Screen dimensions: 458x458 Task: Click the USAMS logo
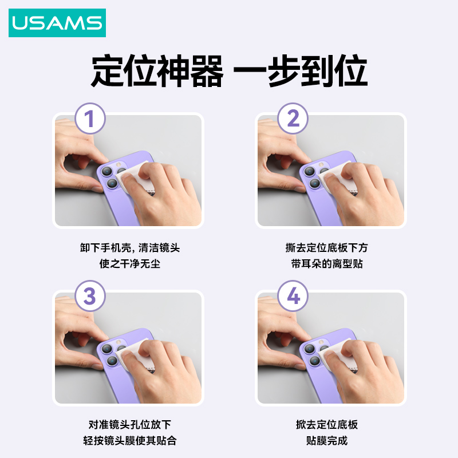pos(57,23)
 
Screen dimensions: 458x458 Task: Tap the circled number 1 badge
pos(90,119)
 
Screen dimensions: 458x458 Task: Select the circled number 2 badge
pos(293,119)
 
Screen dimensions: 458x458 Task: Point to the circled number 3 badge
pos(90,296)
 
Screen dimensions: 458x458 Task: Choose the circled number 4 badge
pos(293,296)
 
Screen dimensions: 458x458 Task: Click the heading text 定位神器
pos(157,71)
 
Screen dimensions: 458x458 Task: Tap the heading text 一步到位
pos(300,71)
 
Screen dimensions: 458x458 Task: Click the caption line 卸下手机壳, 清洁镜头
pos(130,248)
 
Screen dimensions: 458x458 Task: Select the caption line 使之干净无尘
pos(130,263)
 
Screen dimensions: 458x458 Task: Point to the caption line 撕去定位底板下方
pos(326,248)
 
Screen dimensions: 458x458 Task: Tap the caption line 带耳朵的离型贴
pos(326,263)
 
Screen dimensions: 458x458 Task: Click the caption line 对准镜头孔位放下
pos(130,424)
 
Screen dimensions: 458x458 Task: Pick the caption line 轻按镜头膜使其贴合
pos(130,440)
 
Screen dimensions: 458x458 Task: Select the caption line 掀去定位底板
pos(326,424)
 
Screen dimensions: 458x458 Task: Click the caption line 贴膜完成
pos(326,440)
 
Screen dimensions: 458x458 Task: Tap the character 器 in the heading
pos(207,71)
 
